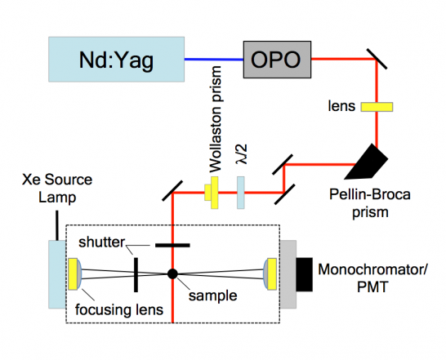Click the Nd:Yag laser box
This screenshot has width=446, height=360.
coord(116,60)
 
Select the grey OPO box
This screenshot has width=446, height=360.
coord(277,60)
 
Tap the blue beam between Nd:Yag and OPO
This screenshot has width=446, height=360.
coord(214,60)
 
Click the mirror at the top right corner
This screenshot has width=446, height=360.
coord(377,59)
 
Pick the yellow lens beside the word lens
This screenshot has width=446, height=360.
coord(377,107)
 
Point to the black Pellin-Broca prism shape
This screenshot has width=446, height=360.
coord(367,162)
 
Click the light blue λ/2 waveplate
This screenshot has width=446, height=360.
coord(241,193)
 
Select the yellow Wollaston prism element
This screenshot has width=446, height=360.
coord(212,193)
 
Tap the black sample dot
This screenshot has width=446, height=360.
coord(172,273)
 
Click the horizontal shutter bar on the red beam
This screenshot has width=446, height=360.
coord(172,245)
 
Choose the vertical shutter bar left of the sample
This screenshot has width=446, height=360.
coord(136,274)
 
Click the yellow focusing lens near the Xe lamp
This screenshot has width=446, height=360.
coord(74,274)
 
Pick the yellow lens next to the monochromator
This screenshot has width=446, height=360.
coord(270,274)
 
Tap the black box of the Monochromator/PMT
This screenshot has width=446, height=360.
coord(305,274)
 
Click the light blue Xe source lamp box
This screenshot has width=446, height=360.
coord(57,274)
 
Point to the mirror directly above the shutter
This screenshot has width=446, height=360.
coord(172,191)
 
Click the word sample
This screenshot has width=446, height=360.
coord(212,296)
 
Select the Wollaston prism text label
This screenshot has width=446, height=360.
coord(216,119)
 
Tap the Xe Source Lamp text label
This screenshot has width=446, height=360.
coord(57,189)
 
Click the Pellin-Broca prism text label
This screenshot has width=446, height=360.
coord(370,203)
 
